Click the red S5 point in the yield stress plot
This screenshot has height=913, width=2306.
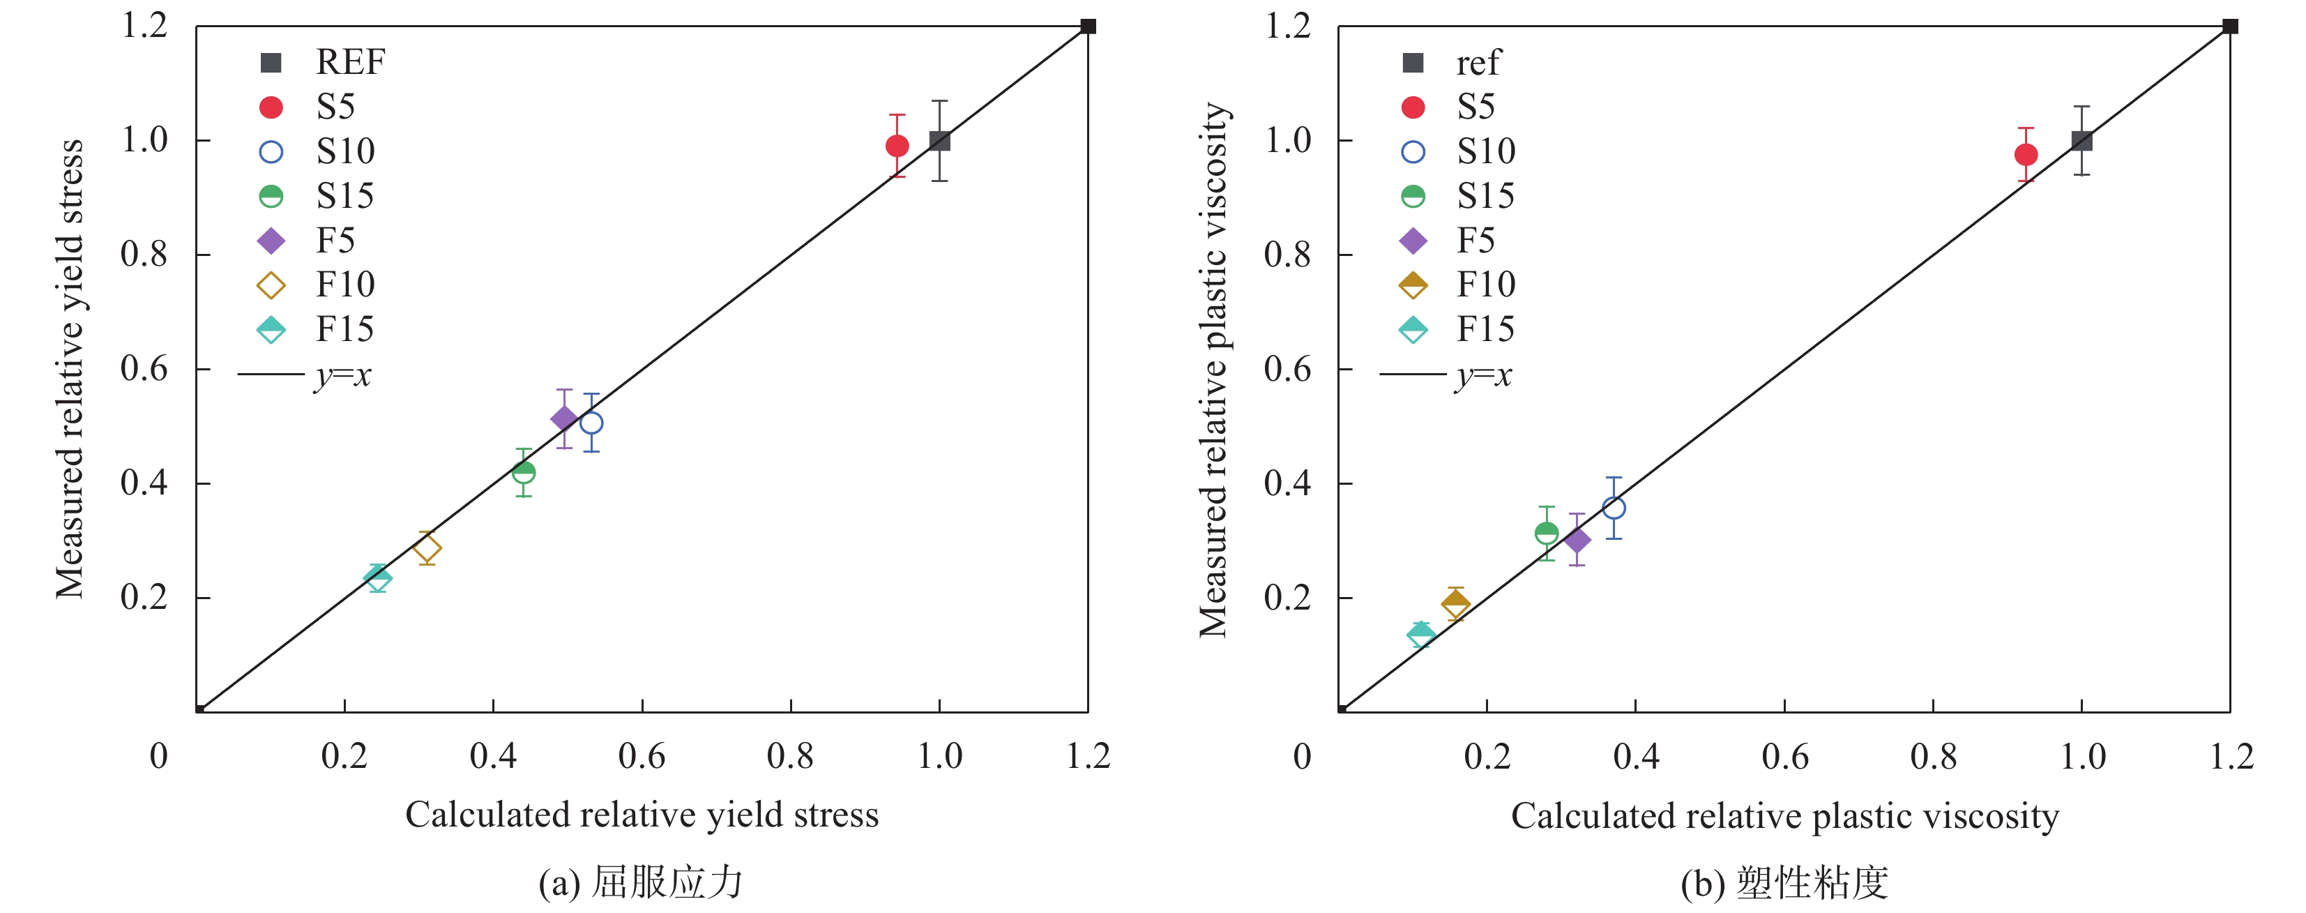897,146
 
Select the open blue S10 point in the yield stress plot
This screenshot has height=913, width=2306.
591,423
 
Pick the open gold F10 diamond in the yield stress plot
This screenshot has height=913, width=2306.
427,548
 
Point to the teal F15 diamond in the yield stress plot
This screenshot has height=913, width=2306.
378,578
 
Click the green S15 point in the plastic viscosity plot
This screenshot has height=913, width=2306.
1546,534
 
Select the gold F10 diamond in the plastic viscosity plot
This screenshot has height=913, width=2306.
1455,604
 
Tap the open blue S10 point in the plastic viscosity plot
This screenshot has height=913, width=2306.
1613,508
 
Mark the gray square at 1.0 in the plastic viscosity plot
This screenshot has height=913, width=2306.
2081,140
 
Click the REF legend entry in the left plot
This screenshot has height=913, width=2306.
349,63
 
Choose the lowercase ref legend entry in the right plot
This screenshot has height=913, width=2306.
1477,63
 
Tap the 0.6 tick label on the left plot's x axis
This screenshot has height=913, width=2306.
642,756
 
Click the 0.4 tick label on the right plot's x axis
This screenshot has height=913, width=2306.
1635,756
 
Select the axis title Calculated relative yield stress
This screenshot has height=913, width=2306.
642,815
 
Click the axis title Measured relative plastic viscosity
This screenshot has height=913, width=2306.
1214,370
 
